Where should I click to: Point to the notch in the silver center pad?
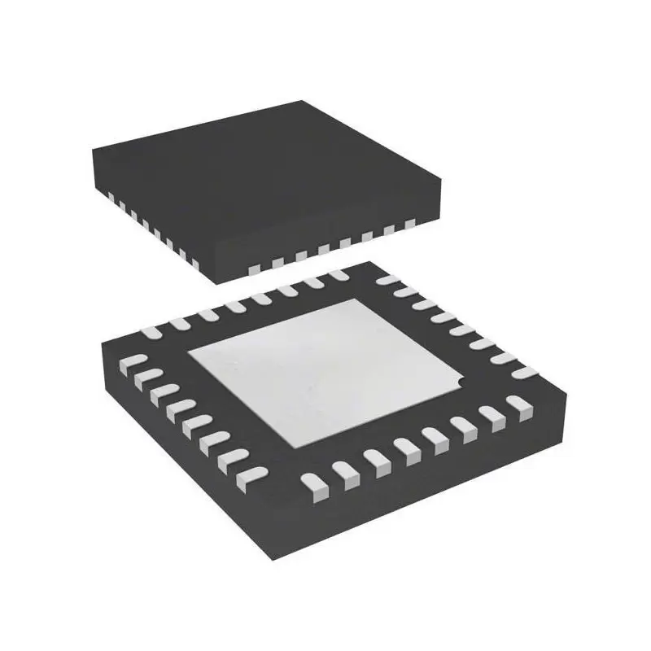[x=461, y=381]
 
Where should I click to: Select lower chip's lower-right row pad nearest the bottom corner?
[x=314, y=486]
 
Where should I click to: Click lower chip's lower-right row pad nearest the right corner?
[x=518, y=404]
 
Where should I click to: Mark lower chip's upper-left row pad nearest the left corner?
[x=151, y=331]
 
